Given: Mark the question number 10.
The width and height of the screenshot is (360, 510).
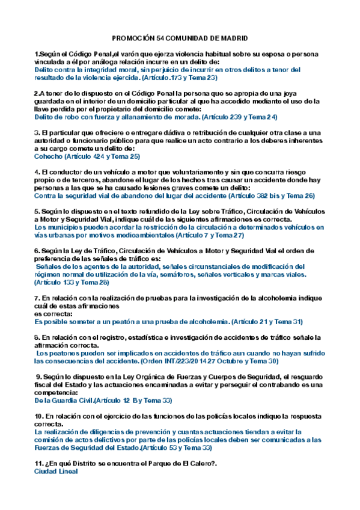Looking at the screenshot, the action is (x=39, y=416).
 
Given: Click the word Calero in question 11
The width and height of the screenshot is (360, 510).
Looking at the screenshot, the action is (x=192, y=463).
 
